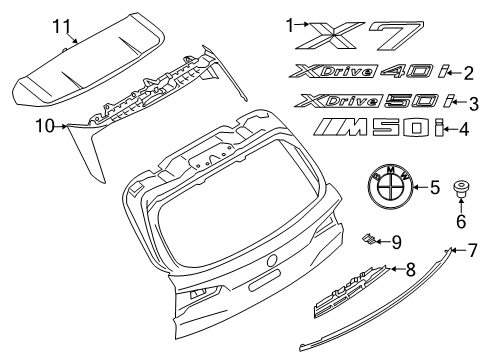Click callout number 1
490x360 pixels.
point(290,22)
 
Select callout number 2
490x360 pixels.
point(469,71)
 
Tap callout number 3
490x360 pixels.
point(474,102)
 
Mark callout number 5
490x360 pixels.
point(433,187)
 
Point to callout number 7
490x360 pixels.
point(474,277)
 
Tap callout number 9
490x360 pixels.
point(397,268)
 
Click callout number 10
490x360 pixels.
point(44,125)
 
